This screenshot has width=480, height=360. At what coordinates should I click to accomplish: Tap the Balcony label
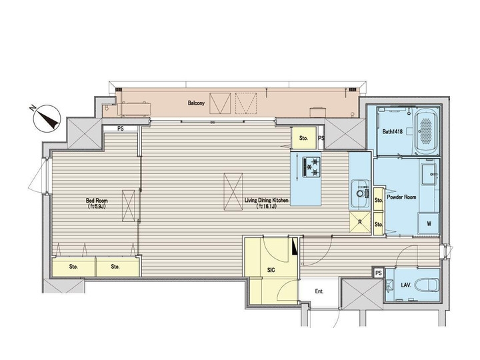195,104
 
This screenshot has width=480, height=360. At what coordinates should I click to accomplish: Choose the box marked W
428,224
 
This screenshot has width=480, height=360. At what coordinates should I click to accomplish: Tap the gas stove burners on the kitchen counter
311,167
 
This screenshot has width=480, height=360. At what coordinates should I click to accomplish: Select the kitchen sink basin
361,193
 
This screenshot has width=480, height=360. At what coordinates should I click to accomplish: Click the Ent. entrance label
319,291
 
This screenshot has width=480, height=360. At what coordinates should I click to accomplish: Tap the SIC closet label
271,271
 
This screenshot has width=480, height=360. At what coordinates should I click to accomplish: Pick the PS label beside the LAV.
378,273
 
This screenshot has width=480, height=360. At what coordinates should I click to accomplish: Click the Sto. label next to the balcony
303,139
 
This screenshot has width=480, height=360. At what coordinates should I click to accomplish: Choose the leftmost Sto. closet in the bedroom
73,267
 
